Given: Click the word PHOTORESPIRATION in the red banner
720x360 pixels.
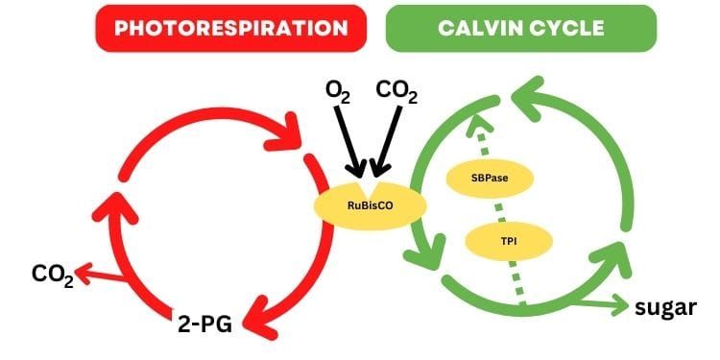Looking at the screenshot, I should (x=230, y=28).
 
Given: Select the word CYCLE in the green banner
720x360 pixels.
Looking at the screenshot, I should (x=568, y=28).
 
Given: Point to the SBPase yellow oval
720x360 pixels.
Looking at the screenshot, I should (x=490, y=178).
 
